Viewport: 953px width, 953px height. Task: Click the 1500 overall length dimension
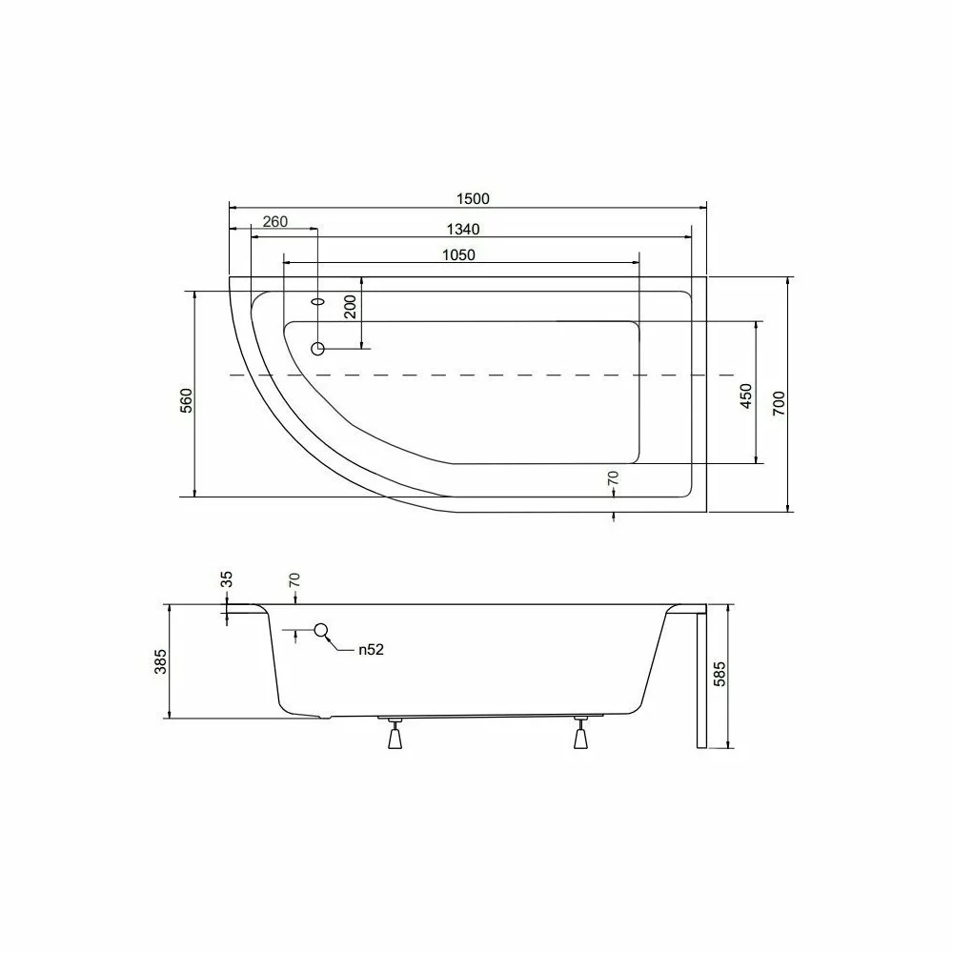click(x=473, y=198)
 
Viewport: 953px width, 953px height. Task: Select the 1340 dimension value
click(x=461, y=229)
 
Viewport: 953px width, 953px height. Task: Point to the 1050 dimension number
click(x=457, y=254)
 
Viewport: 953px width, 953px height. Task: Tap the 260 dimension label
click(x=274, y=222)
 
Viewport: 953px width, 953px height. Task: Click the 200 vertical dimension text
click(x=350, y=307)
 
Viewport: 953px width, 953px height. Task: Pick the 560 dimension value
click(x=187, y=400)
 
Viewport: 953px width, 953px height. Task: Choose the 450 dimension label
click(x=746, y=395)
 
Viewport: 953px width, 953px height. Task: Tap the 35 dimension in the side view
click(x=226, y=580)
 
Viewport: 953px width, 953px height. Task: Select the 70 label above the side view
click(x=295, y=580)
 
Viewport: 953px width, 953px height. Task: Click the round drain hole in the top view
click(x=318, y=349)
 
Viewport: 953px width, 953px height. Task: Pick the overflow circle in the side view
click(x=321, y=629)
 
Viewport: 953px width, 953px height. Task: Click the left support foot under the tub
click(x=393, y=735)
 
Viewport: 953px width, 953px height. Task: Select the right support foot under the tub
click(x=580, y=735)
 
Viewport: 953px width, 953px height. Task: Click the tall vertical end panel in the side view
click(x=701, y=679)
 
